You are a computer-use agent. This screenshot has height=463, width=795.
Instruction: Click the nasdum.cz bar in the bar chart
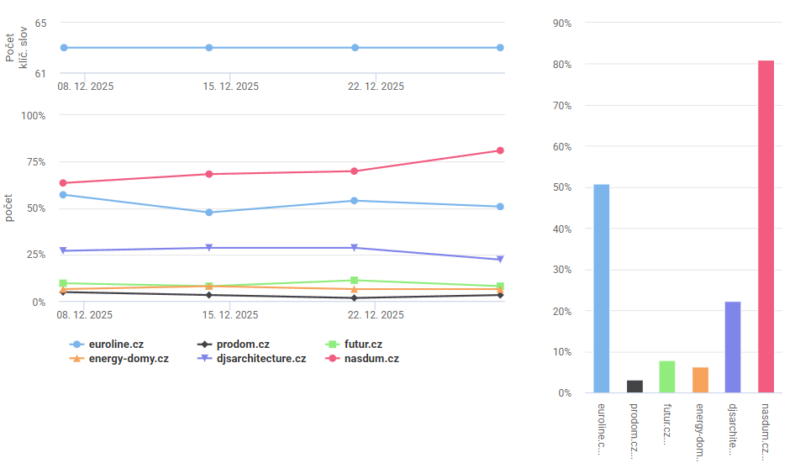[x=766, y=227]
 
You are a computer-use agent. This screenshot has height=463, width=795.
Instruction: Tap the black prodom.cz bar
[x=634, y=387]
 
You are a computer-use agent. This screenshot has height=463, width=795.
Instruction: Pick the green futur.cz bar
[x=667, y=376]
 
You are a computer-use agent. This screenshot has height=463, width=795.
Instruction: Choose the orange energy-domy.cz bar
[x=700, y=380]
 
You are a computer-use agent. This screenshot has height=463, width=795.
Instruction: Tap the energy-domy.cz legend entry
[x=118, y=359]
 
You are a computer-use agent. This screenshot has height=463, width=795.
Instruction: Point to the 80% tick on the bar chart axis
[x=561, y=65]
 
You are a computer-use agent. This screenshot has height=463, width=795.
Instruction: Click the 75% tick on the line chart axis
[x=34, y=162]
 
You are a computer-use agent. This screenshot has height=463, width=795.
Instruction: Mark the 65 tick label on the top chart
[x=40, y=23]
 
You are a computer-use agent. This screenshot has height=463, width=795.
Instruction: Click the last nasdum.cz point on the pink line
[x=500, y=150]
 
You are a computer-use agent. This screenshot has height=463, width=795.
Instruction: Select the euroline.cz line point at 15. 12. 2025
[x=208, y=213]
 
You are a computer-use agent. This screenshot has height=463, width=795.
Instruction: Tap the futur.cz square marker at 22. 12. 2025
[x=355, y=280]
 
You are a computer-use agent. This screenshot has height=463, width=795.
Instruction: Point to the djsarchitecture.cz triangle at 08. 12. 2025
[x=63, y=250]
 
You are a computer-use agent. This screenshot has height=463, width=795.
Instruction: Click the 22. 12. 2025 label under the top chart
[x=376, y=87]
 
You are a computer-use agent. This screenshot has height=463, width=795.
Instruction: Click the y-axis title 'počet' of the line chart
[x=9, y=208]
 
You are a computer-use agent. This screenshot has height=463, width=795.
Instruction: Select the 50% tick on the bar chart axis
[x=561, y=188]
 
